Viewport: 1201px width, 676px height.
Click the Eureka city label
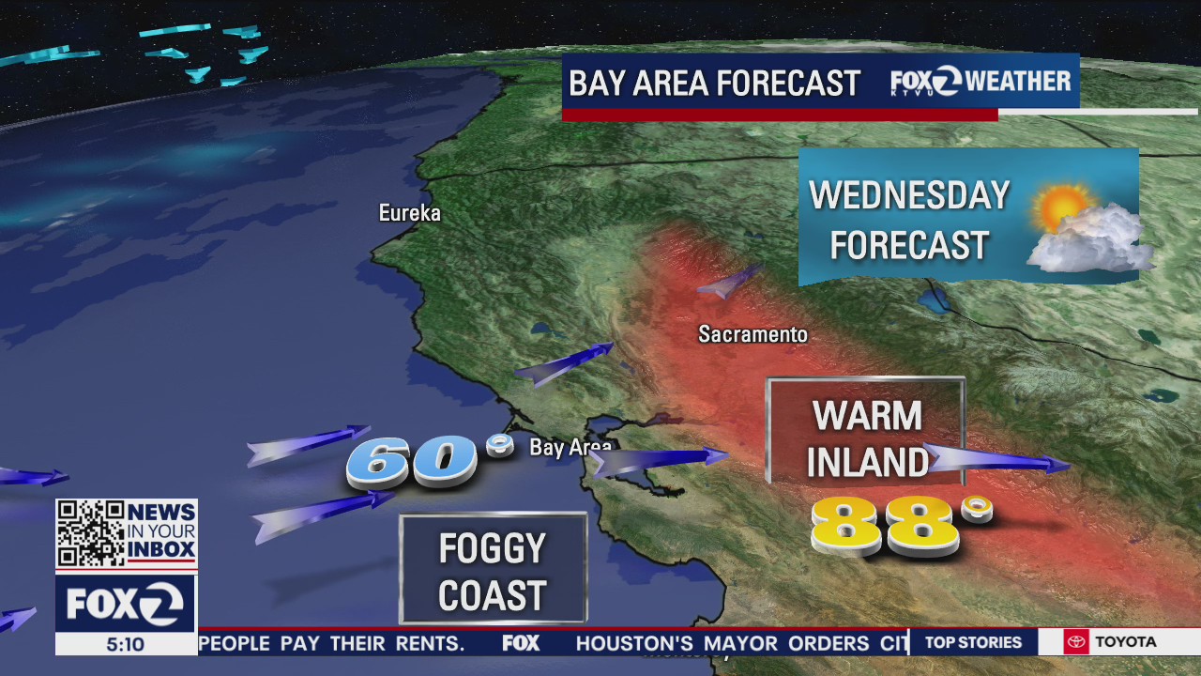[409, 213]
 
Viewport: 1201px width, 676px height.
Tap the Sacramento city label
[753, 334]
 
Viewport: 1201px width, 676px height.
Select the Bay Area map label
[570, 447]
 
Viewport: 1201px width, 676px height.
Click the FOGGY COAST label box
[493, 570]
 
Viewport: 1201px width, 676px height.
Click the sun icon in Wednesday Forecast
[1065, 207]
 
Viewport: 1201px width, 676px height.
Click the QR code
[90, 533]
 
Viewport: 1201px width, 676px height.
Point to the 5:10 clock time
[125, 644]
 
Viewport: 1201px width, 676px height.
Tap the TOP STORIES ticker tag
[973, 642]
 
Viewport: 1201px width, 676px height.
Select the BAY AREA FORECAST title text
[714, 84]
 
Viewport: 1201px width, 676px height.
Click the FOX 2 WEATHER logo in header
[981, 82]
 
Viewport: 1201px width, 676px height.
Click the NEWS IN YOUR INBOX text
[160, 530]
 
